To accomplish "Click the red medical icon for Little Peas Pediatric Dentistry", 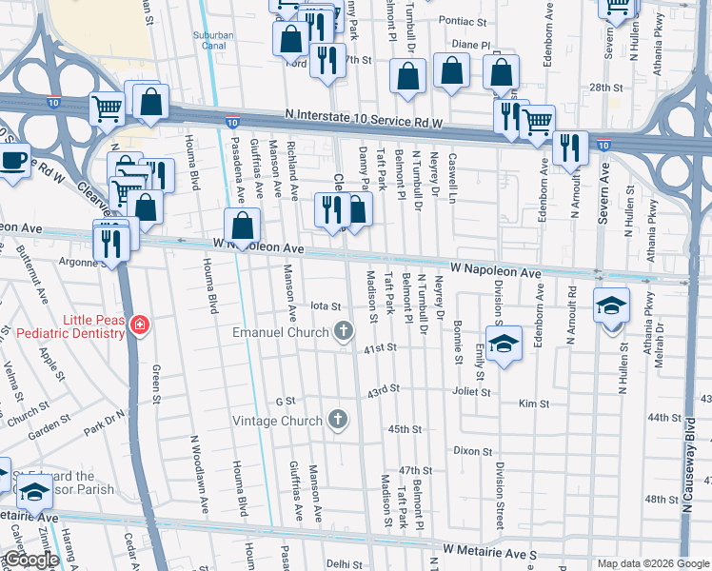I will (x=140, y=325).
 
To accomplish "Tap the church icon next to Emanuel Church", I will (x=344, y=332).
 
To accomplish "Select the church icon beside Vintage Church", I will (x=336, y=420).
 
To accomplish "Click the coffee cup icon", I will (x=13, y=160).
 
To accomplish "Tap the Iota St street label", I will (x=326, y=305).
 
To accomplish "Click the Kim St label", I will (x=528, y=404).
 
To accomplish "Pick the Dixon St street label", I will (x=472, y=450).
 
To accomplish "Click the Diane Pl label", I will (x=470, y=45).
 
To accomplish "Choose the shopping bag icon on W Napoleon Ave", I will (x=244, y=226).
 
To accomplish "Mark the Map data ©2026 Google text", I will (x=652, y=563).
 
